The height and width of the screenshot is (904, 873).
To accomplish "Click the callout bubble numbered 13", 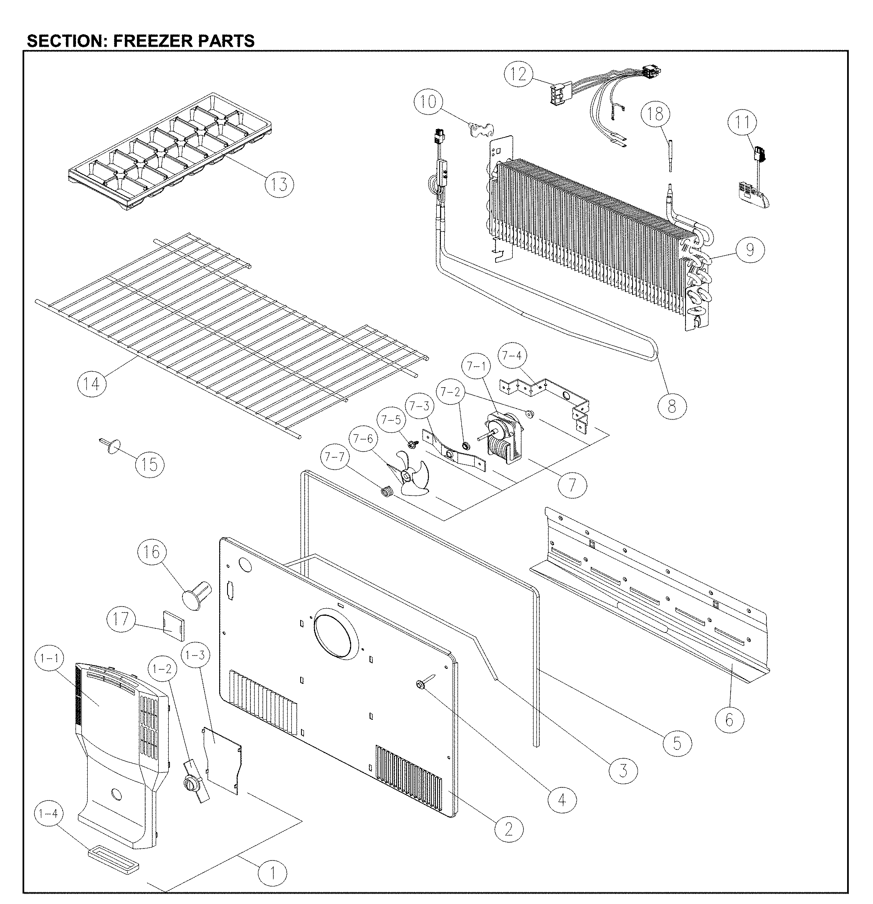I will (x=279, y=184).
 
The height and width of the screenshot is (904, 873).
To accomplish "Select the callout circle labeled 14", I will (x=91, y=383).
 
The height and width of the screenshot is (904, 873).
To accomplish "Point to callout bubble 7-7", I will (x=334, y=457).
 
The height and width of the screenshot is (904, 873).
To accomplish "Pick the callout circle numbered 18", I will (x=656, y=114).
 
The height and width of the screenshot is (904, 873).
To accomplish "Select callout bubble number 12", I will (x=519, y=74).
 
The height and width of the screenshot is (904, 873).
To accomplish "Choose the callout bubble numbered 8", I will (x=672, y=406).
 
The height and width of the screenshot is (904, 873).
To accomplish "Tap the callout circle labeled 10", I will (x=428, y=102).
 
